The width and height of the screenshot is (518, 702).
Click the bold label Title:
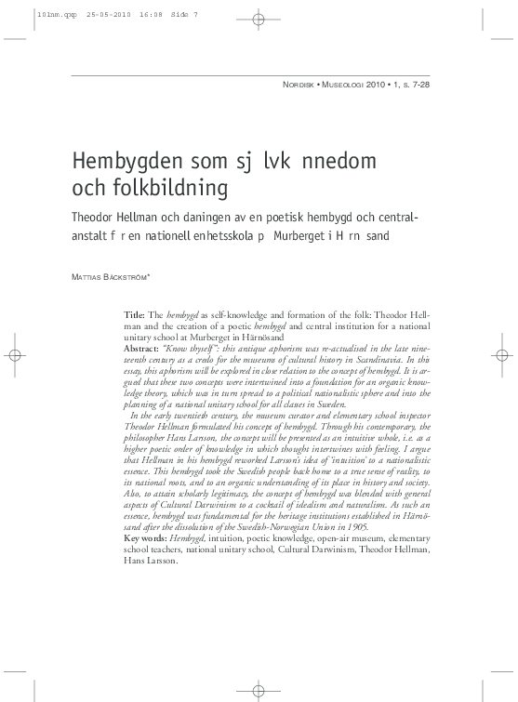point(136,316)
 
